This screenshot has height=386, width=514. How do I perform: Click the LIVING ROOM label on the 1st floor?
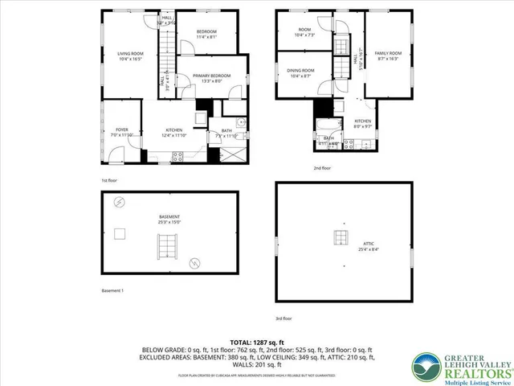point(129,56)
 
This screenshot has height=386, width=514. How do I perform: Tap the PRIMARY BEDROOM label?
point(211,78)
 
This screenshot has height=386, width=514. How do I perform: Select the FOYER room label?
point(122,131)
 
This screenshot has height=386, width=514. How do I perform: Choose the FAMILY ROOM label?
point(387,55)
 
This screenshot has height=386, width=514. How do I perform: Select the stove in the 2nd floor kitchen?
point(364,146)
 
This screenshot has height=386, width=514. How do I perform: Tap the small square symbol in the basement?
point(120,234)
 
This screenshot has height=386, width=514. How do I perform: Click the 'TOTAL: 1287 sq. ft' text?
point(256,342)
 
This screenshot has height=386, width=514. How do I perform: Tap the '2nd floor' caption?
point(321,168)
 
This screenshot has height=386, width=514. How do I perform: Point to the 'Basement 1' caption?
point(112,290)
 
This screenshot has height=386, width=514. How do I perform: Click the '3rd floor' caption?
point(284,318)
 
